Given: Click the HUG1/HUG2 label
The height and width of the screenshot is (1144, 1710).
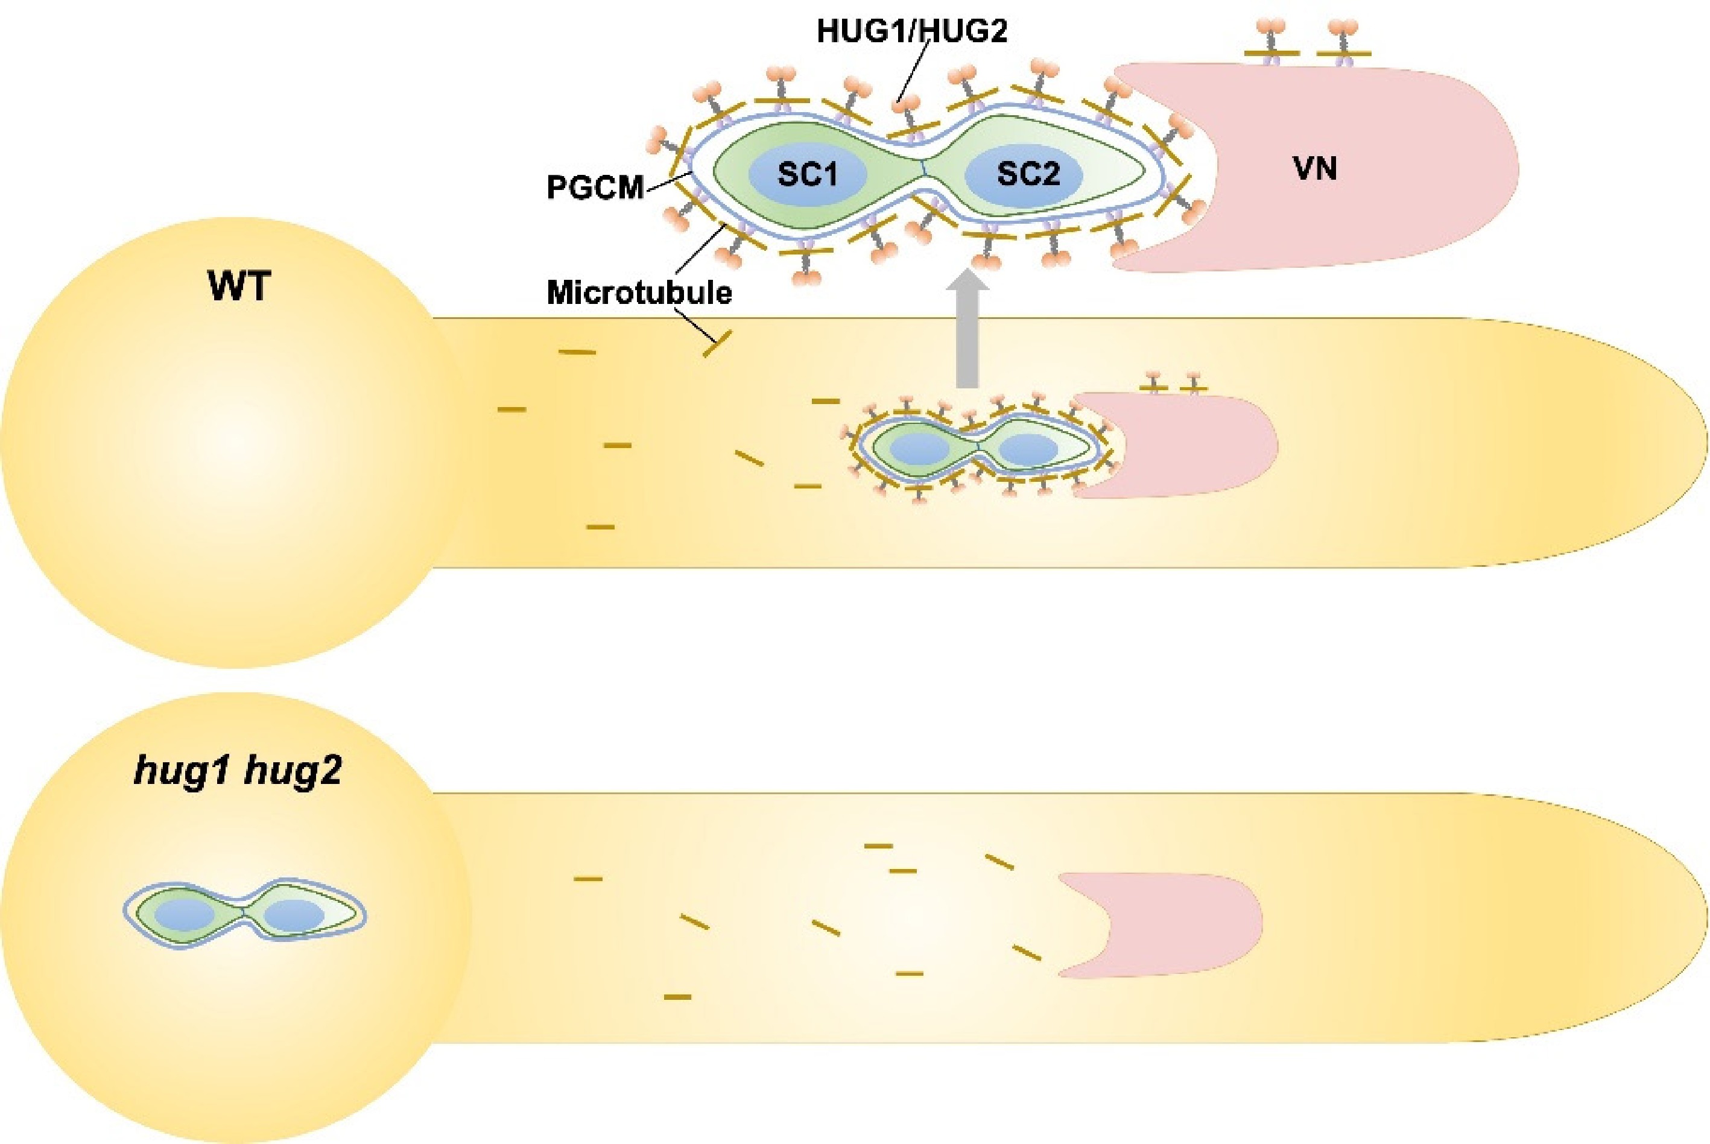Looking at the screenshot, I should pos(912,31).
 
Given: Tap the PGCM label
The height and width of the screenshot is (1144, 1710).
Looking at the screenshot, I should pos(595,188).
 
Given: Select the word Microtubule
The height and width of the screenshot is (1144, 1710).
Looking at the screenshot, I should pos(639,292).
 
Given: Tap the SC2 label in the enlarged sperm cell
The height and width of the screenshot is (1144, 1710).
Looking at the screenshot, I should pos(1028,174).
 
